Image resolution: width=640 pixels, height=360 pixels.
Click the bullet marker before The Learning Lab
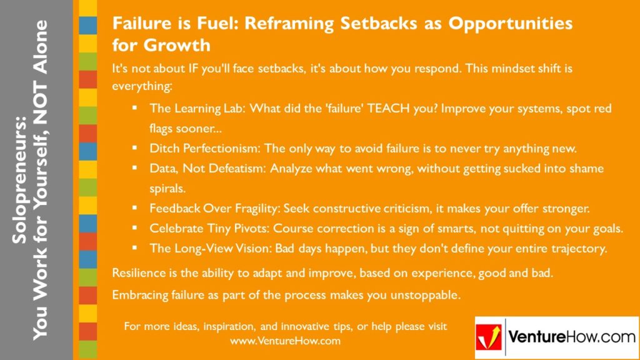(134, 108)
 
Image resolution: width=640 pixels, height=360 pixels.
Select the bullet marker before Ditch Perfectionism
(134, 148)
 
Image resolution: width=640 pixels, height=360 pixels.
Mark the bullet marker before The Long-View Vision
(134, 248)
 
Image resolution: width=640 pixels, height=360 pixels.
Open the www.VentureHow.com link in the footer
(285, 341)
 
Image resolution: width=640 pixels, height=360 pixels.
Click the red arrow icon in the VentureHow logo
(489, 338)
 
